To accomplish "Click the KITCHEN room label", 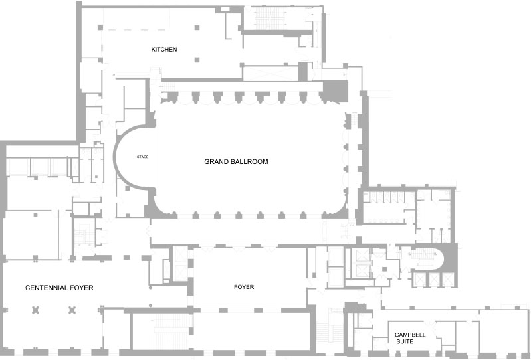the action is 164,50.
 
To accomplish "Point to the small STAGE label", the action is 143,157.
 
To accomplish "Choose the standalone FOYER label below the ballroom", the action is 244,287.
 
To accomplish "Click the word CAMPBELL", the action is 410,335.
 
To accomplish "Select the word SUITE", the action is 405,341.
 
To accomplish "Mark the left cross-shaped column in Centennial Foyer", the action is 36,310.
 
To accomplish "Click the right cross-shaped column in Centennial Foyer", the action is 72,310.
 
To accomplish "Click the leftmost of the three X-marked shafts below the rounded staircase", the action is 420,280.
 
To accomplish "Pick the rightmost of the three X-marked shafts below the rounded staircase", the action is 448,280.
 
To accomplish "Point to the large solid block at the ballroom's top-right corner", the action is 335,91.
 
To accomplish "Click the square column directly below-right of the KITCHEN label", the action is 197,60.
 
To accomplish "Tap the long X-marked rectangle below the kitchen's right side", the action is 270,74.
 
